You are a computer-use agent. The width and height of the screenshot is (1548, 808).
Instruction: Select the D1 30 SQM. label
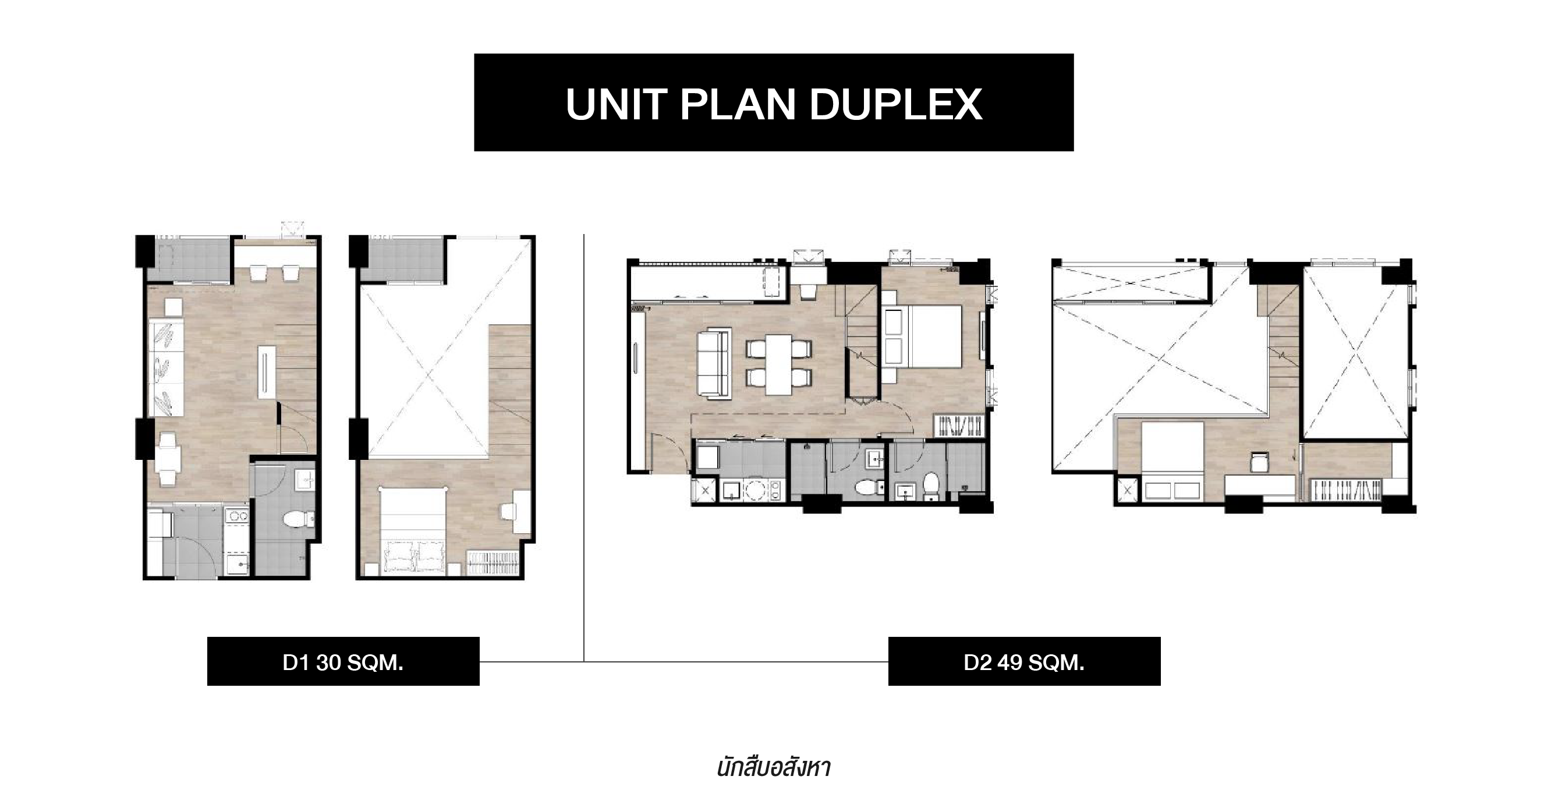[x=342, y=662]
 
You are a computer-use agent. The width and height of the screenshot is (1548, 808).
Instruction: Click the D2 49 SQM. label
[x=1024, y=662]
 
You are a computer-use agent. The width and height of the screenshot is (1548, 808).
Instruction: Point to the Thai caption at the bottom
[x=773, y=768]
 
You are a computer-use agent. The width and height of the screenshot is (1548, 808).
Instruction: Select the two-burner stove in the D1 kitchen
[x=239, y=515]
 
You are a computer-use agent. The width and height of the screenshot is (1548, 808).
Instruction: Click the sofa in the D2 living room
[x=714, y=363]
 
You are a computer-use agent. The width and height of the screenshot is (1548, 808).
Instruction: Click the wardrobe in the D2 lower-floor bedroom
[x=959, y=426]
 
